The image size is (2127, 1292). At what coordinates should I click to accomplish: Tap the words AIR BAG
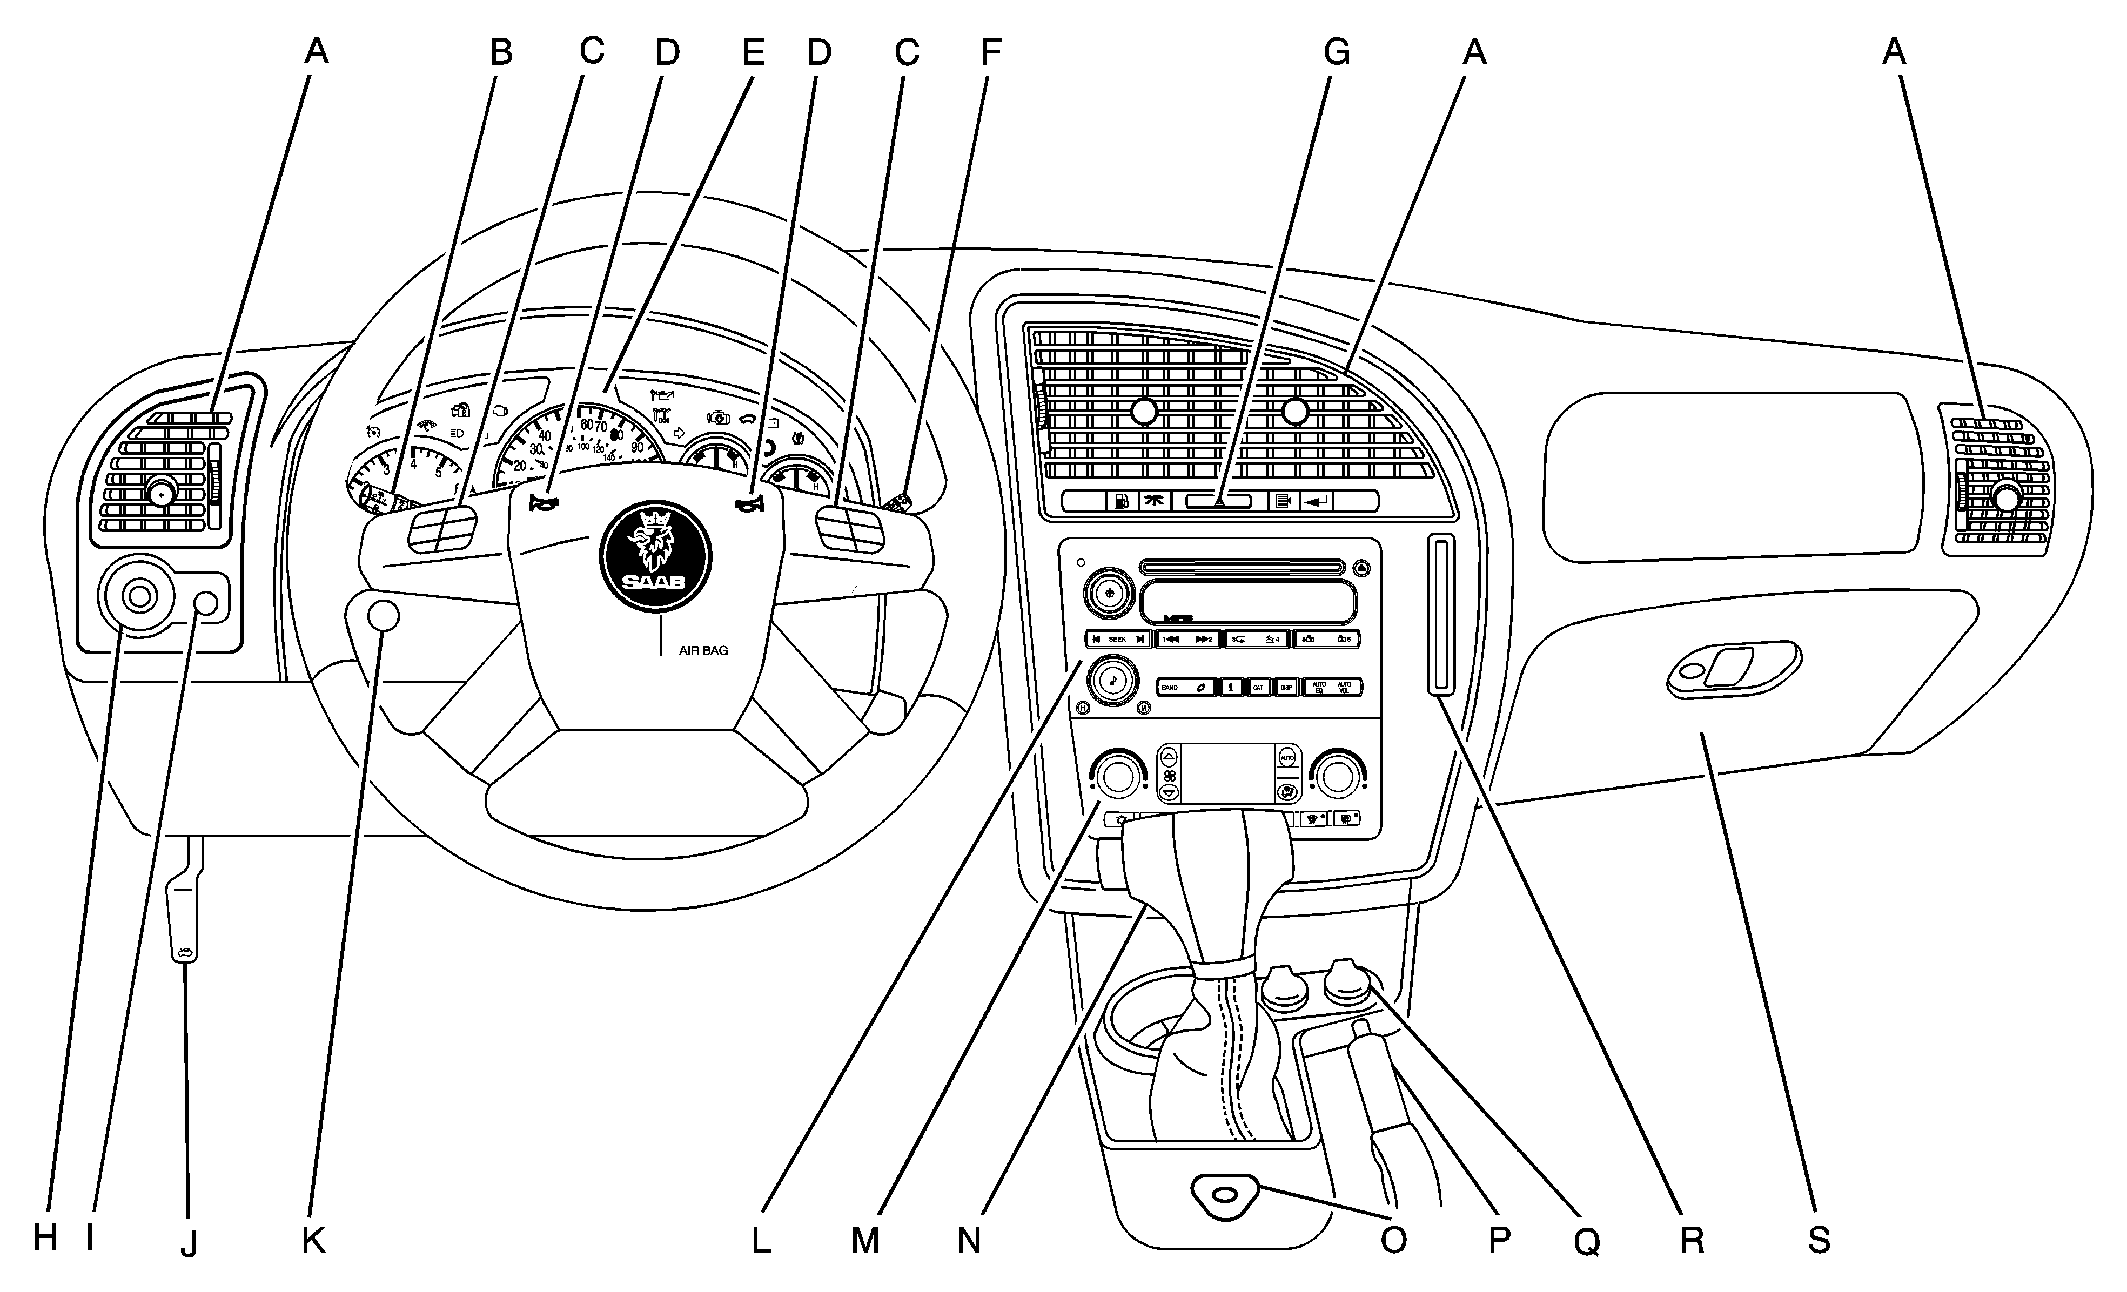(x=703, y=651)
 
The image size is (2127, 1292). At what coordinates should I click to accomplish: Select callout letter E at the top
(x=753, y=53)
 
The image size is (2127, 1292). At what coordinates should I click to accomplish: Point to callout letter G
(x=1336, y=53)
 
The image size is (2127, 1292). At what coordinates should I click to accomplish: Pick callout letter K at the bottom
(x=313, y=1240)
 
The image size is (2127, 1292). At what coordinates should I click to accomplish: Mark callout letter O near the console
(x=1393, y=1240)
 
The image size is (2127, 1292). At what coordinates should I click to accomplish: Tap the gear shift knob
(x=1209, y=872)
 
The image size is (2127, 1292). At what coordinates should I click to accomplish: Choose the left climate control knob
(x=1118, y=776)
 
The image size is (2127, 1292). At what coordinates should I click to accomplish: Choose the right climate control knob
(x=1337, y=776)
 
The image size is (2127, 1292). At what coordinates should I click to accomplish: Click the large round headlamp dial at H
(x=138, y=596)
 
